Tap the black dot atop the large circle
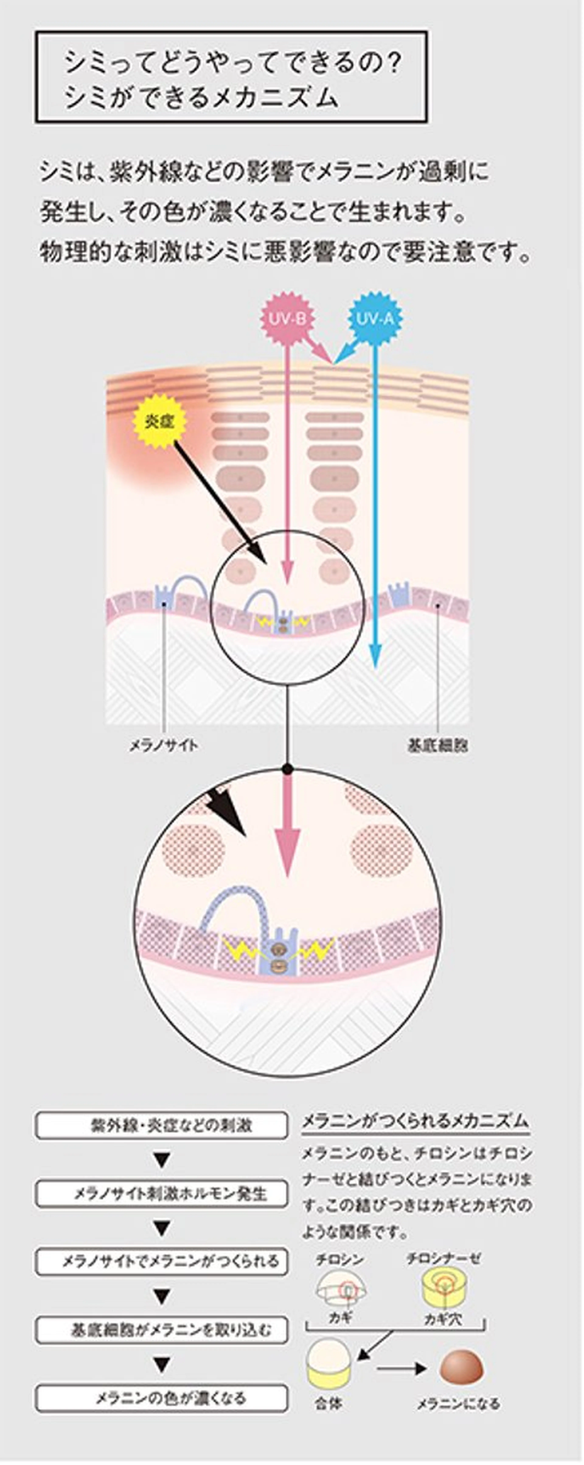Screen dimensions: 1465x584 (288, 769)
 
